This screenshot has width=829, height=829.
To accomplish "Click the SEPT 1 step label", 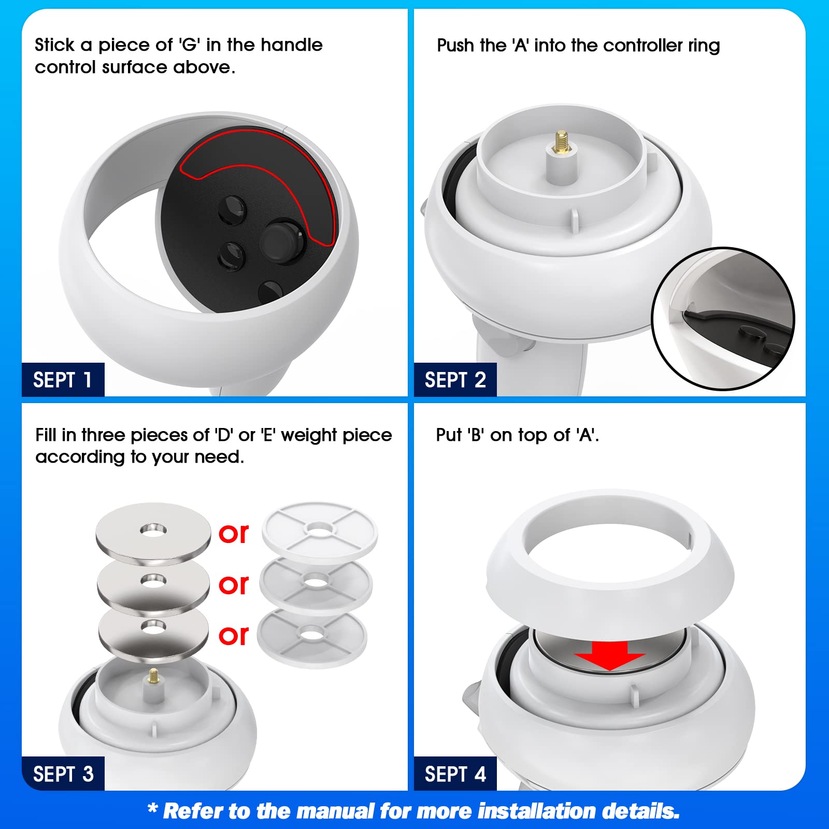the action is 63,380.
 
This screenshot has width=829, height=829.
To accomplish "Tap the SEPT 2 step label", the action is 455,380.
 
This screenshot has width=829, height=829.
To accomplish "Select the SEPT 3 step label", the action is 63,774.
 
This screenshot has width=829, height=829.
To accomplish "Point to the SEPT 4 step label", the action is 455,774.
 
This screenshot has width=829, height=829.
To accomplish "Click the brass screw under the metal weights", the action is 153,676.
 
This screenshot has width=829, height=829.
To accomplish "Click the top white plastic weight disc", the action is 320,533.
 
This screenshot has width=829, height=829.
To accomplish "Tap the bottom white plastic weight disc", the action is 312,638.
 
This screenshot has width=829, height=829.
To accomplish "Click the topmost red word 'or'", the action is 234,533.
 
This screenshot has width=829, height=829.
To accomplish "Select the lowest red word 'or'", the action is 234,635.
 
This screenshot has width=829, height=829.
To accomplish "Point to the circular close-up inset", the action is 723,319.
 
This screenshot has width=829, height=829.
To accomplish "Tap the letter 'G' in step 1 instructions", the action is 190,45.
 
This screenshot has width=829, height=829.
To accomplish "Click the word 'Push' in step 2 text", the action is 455,45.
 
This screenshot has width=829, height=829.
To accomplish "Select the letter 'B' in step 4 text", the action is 476,435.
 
